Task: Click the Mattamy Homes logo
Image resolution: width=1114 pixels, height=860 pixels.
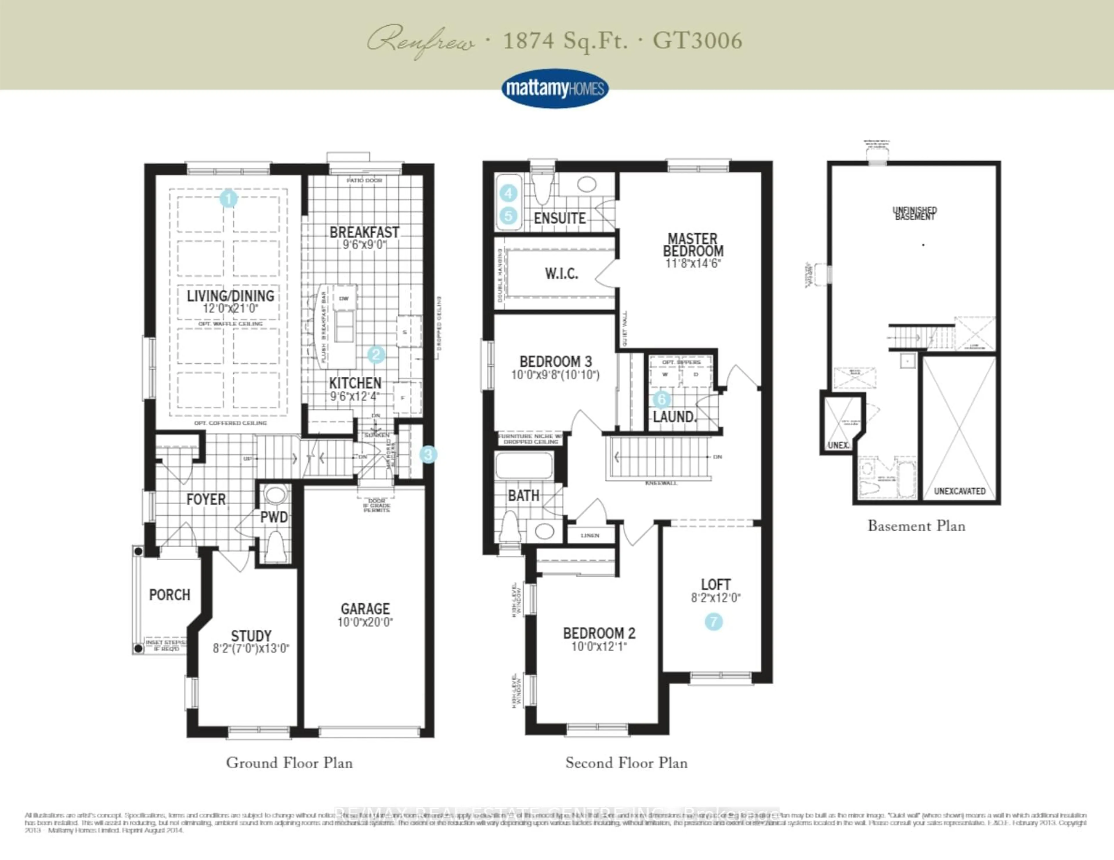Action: (x=554, y=89)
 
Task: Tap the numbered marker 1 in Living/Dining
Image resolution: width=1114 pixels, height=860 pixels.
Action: (x=229, y=198)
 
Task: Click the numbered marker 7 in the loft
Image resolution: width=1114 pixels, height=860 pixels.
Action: (x=714, y=621)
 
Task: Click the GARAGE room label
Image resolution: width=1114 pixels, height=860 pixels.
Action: (x=365, y=609)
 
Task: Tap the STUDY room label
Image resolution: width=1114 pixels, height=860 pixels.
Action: (x=251, y=636)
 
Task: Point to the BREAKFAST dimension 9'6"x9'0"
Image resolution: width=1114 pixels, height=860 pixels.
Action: (x=364, y=245)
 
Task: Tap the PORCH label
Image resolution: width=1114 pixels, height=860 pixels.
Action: (x=169, y=594)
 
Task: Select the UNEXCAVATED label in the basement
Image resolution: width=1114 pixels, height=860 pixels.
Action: (x=959, y=491)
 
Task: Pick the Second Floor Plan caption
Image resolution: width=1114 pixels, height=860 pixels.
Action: (x=626, y=763)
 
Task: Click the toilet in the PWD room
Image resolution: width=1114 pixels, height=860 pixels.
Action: (x=275, y=546)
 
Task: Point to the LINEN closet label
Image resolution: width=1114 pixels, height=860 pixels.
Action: (x=590, y=535)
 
